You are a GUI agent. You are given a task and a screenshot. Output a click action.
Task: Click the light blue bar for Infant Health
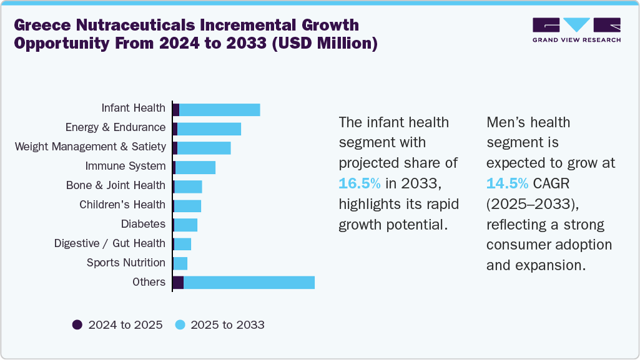[219, 110]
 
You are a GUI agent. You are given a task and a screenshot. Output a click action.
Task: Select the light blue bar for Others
[249, 282]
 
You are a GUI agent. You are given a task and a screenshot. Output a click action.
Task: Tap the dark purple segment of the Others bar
[178, 282]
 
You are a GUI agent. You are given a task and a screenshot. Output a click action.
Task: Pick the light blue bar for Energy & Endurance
[209, 129]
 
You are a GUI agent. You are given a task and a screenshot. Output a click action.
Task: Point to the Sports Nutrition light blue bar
[180, 263]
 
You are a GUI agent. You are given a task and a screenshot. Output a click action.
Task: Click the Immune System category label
[126, 166]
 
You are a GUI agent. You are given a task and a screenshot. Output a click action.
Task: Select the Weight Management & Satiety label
[91, 147]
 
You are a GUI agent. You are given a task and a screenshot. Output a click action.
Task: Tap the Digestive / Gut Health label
[110, 243]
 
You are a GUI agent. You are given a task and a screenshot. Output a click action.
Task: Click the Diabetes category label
[143, 224]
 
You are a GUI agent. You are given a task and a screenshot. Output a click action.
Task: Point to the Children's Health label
[122, 205]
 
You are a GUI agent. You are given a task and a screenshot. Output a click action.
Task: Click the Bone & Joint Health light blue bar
[188, 187]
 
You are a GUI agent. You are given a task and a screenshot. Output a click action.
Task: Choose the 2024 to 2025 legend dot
[77, 324]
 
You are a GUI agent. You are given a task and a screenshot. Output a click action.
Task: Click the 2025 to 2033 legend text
[227, 324]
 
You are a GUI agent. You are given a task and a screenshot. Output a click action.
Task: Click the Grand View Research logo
[576, 29]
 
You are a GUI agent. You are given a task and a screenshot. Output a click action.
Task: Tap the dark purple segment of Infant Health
[176, 110]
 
